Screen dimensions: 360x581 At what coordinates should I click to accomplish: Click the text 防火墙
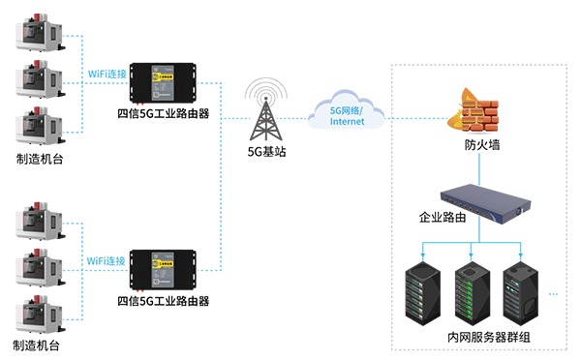[481, 146]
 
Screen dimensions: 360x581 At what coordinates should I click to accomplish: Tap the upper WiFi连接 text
[107, 75]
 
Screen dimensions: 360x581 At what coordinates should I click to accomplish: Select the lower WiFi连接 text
[107, 261]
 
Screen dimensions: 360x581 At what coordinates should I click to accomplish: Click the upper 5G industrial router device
[164, 81]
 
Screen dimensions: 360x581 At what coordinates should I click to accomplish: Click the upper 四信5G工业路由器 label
[164, 113]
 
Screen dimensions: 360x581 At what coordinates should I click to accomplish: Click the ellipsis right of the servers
[555, 292]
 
